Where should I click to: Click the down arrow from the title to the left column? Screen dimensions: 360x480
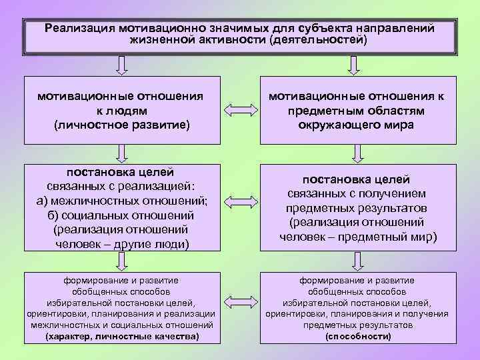click(x=121, y=64)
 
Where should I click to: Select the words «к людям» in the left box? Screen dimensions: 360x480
click(x=121, y=111)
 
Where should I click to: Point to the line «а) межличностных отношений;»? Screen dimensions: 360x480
click(x=121, y=201)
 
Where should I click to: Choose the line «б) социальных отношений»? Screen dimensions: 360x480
click(x=121, y=215)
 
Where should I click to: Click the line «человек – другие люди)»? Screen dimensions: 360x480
click(x=121, y=244)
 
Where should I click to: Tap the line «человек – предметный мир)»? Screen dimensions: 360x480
click(x=357, y=237)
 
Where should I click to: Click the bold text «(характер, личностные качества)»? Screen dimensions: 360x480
click(x=121, y=337)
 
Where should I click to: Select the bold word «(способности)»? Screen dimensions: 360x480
click(x=357, y=337)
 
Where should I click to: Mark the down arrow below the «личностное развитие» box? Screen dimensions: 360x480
click(x=121, y=154)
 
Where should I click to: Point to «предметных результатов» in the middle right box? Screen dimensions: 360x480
click(x=357, y=207)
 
